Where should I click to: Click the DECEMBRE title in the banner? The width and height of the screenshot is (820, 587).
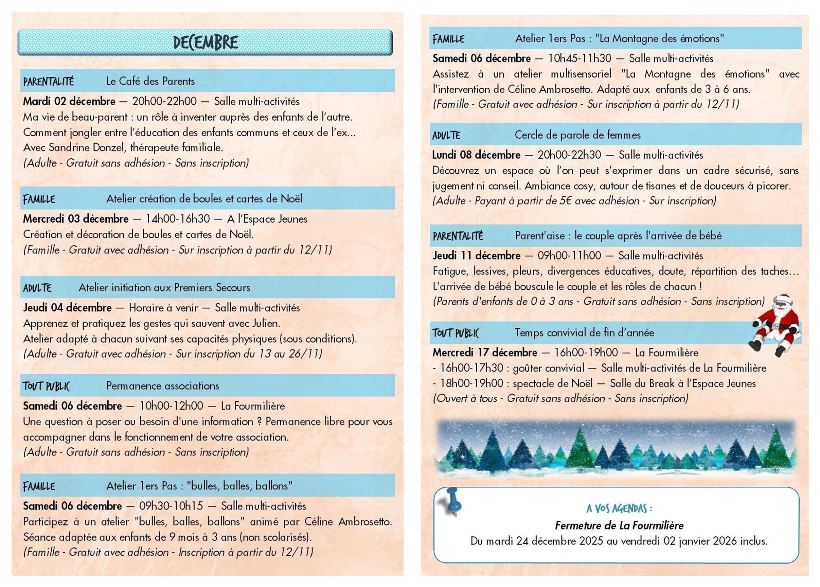206,42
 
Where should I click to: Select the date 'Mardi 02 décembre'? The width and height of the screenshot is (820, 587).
69,101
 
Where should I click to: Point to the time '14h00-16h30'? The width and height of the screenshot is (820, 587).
177,219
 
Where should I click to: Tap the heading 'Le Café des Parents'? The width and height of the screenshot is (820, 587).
150,81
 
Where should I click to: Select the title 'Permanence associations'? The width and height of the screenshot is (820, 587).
163,386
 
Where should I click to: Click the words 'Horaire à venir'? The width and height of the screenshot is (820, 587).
163,308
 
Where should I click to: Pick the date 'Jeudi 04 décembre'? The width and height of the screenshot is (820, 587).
67,308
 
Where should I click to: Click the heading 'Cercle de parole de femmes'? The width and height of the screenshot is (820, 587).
577,135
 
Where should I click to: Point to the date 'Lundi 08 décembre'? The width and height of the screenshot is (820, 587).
476,155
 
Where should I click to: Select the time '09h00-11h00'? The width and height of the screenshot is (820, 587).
569,256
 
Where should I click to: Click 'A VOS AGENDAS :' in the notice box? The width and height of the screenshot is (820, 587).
619,508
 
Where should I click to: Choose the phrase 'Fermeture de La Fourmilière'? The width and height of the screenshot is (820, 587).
619,525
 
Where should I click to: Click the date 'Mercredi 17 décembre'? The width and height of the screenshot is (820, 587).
485,352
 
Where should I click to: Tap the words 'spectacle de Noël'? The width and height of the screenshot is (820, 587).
553,383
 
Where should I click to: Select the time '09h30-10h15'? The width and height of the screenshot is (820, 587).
171,506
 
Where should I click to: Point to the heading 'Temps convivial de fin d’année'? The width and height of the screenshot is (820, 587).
584,332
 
